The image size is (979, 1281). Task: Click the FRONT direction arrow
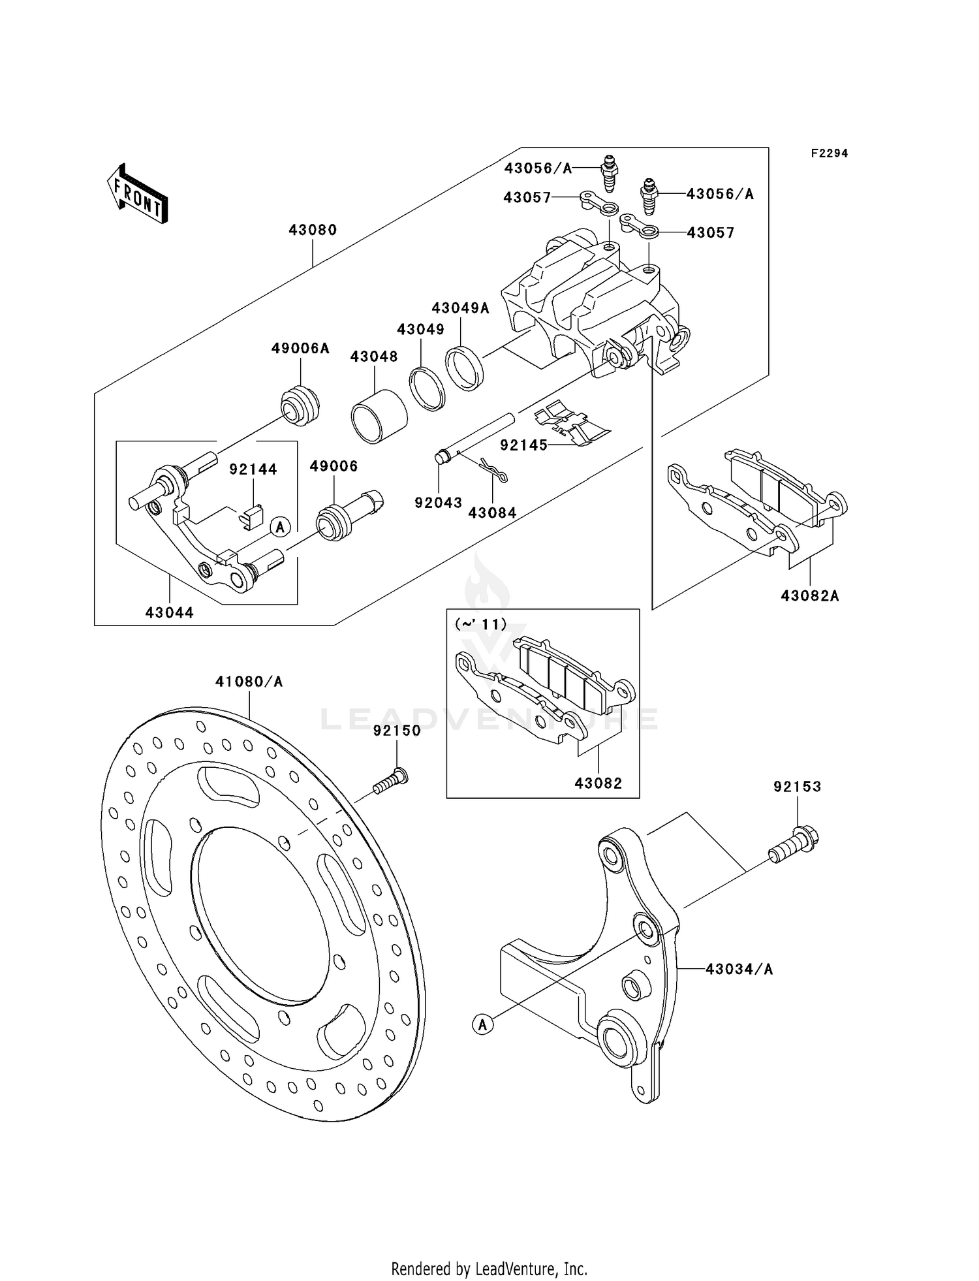pos(137,195)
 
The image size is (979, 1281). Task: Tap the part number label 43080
pos(313,230)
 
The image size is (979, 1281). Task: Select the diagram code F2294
pos(829,153)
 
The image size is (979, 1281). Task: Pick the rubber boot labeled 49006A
pos(300,406)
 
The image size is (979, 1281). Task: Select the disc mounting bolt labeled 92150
pos(390,782)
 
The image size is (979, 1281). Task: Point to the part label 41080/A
pos(249,682)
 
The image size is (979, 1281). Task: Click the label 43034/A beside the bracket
pos(739,969)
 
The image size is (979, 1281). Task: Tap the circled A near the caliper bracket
pos(280,526)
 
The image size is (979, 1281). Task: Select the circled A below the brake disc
pos(482,1024)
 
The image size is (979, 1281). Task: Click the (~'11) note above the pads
pos(480,625)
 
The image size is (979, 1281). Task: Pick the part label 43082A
pos(810,595)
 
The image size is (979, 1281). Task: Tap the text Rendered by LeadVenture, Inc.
pos(489,1269)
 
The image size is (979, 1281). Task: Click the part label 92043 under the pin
pos(438,503)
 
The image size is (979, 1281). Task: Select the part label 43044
pos(170,612)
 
